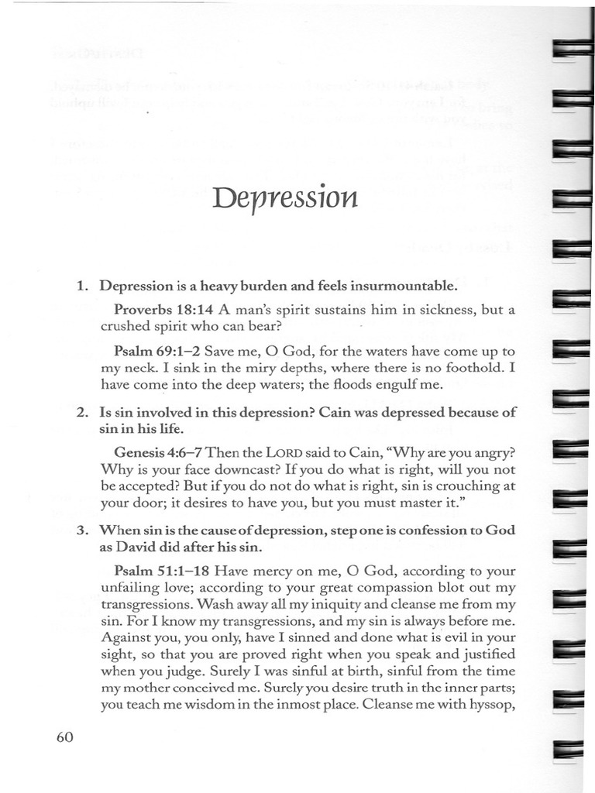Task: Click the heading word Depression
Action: point(284,201)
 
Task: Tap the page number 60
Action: point(64,737)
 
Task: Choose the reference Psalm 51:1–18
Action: point(160,572)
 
